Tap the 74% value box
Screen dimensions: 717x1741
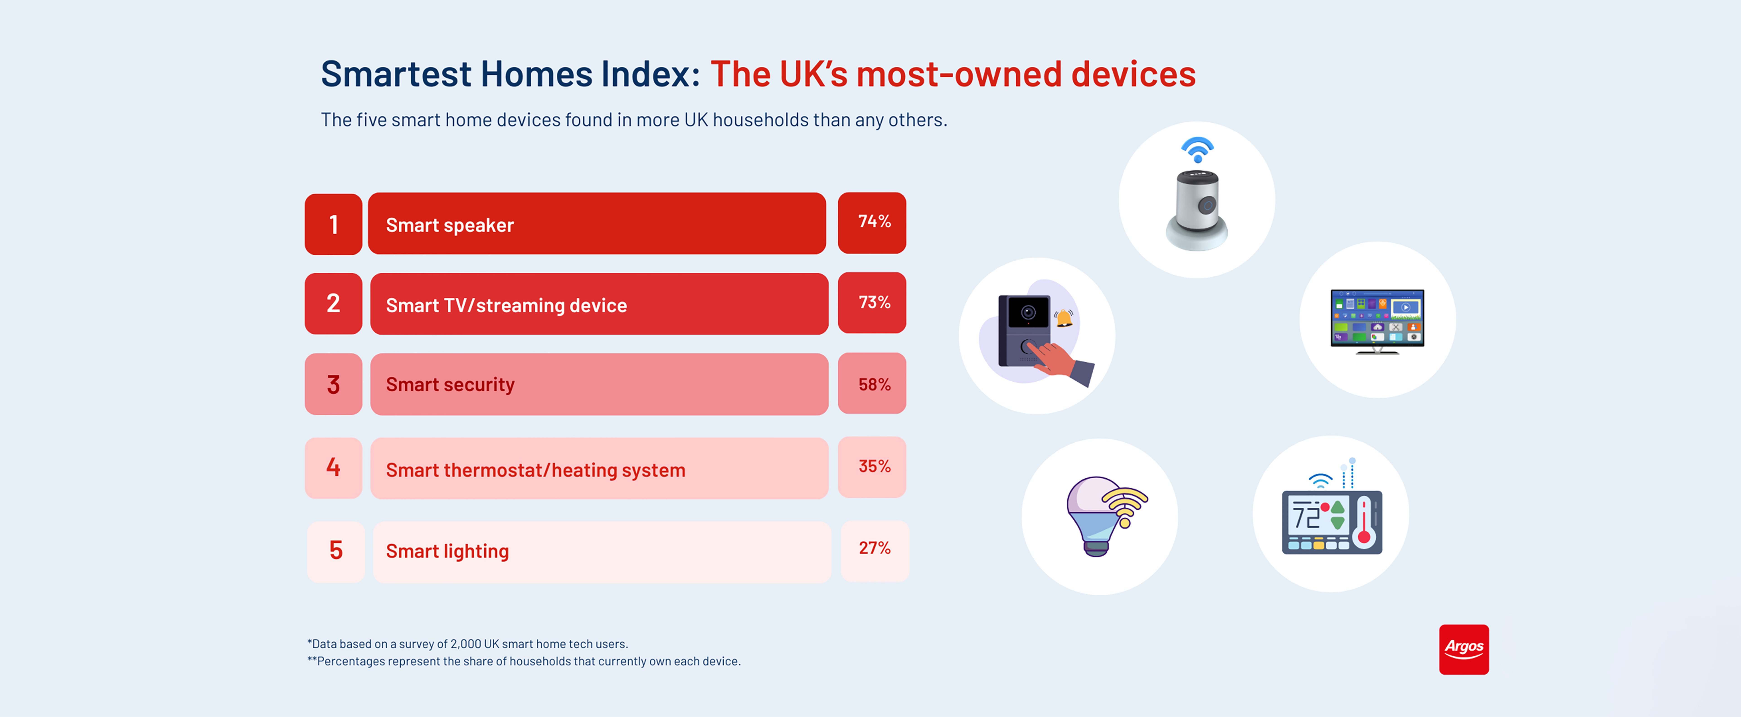coord(872,222)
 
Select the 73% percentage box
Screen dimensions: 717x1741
coord(872,303)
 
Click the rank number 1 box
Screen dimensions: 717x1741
coord(333,224)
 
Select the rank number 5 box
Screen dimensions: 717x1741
coord(336,551)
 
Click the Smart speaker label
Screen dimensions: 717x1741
coord(450,225)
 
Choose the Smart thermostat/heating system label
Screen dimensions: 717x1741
coord(535,470)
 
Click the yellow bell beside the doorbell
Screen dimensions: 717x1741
coord(1065,318)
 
